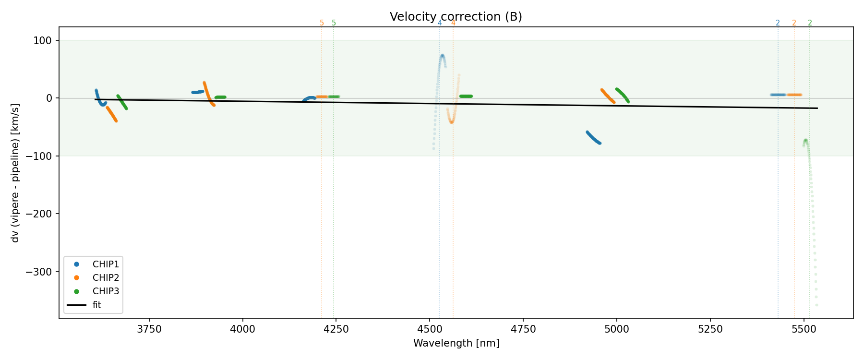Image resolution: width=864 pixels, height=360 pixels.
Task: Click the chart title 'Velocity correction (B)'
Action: pyautogui.click(x=456, y=17)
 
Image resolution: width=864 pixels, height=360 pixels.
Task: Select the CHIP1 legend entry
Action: pyautogui.click(x=106, y=264)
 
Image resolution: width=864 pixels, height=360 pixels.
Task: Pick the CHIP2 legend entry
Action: pyautogui.click(x=106, y=278)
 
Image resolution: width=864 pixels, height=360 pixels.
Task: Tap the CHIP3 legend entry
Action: pyautogui.click(x=106, y=291)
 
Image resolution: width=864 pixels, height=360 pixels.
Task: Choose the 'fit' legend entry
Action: pyautogui.click(x=96, y=305)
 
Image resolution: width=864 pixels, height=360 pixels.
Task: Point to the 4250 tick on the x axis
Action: pyautogui.click(x=336, y=329)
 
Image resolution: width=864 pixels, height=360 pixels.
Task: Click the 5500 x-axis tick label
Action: pyautogui.click(x=804, y=329)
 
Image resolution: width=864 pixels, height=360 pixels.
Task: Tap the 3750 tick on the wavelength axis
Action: pyautogui.click(x=149, y=329)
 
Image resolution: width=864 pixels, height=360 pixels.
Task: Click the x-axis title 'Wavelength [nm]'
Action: pyautogui.click(x=456, y=343)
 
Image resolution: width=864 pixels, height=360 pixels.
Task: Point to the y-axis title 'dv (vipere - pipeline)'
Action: pyautogui.click(x=15, y=173)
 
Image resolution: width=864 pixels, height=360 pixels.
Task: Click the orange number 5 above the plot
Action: pyautogui.click(x=322, y=23)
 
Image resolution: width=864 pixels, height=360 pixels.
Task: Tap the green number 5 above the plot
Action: pyautogui.click(x=334, y=23)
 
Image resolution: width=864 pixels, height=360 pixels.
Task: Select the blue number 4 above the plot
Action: pyautogui.click(x=440, y=23)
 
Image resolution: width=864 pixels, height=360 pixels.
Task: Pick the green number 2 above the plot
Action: pyautogui.click(x=810, y=23)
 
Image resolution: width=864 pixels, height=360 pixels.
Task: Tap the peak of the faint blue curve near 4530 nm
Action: pyautogui.click(x=442, y=56)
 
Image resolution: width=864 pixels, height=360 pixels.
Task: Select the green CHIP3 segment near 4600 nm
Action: pyautogui.click(x=466, y=96)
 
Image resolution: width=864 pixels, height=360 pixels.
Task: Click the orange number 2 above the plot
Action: pyautogui.click(x=794, y=23)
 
